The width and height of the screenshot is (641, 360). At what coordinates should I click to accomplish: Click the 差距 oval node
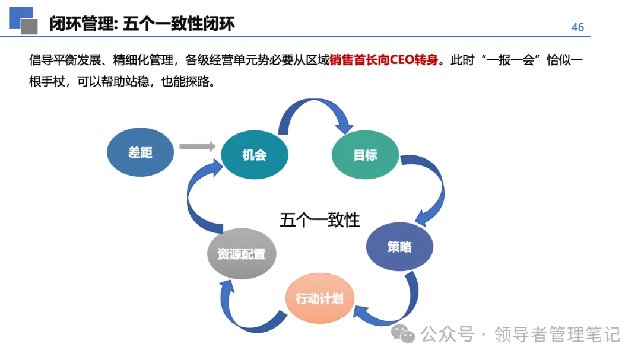pyautogui.click(x=141, y=152)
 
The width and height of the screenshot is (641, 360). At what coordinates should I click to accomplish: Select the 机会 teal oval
pyautogui.click(x=254, y=155)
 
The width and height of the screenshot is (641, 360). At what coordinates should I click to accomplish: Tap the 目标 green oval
pyautogui.click(x=365, y=155)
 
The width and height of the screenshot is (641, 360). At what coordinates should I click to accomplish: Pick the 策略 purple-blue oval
pyautogui.click(x=399, y=247)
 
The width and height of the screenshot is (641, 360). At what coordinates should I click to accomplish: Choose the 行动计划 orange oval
pyautogui.click(x=319, y=298)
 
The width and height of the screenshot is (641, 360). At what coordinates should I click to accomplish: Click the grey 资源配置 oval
pyautogui.click(x=241, y=254)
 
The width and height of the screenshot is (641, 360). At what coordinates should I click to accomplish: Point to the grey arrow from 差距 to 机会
pyautogui.click(x=196, y=146)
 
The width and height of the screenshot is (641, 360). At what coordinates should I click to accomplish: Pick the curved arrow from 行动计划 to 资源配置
pyautogui.click(x=243, y=308)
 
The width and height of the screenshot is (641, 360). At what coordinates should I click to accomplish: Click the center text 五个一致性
pyautogui.click(x=319, y=220)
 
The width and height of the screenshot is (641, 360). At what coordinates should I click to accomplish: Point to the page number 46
pyautogui.click(x=577, y=27)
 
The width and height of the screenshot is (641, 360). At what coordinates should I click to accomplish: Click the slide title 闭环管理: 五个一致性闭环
pyautogui.click(x=142, y=24)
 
